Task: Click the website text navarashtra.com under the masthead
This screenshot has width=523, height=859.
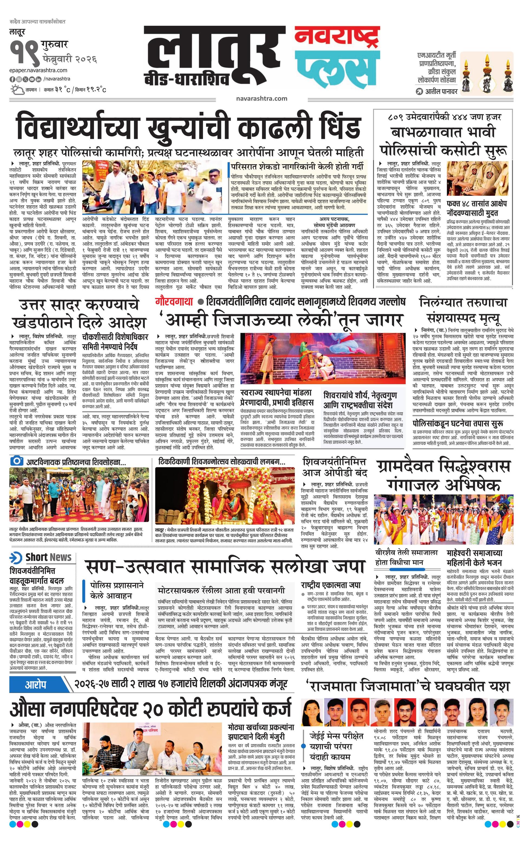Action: pyautogui.click(x=261, y=99)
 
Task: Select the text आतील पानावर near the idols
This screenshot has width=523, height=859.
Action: pyautogui.click(x=441, y=92)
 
